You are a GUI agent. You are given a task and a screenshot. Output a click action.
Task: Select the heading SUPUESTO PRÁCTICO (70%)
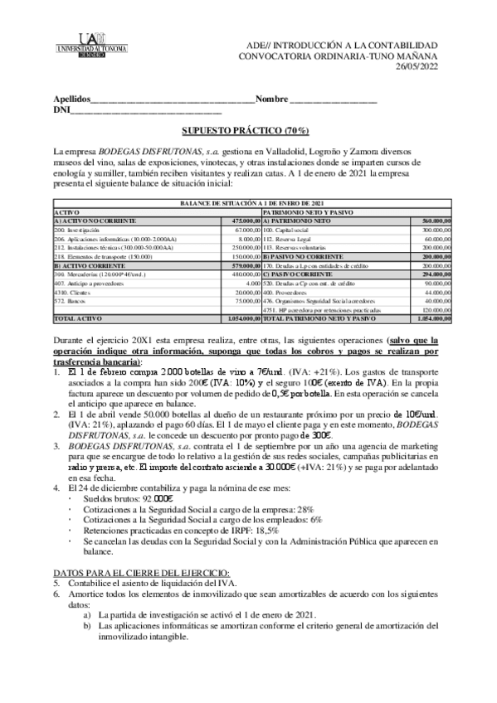[x=246, y=131]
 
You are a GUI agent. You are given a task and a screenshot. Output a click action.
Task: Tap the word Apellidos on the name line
[x=70, y=99]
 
